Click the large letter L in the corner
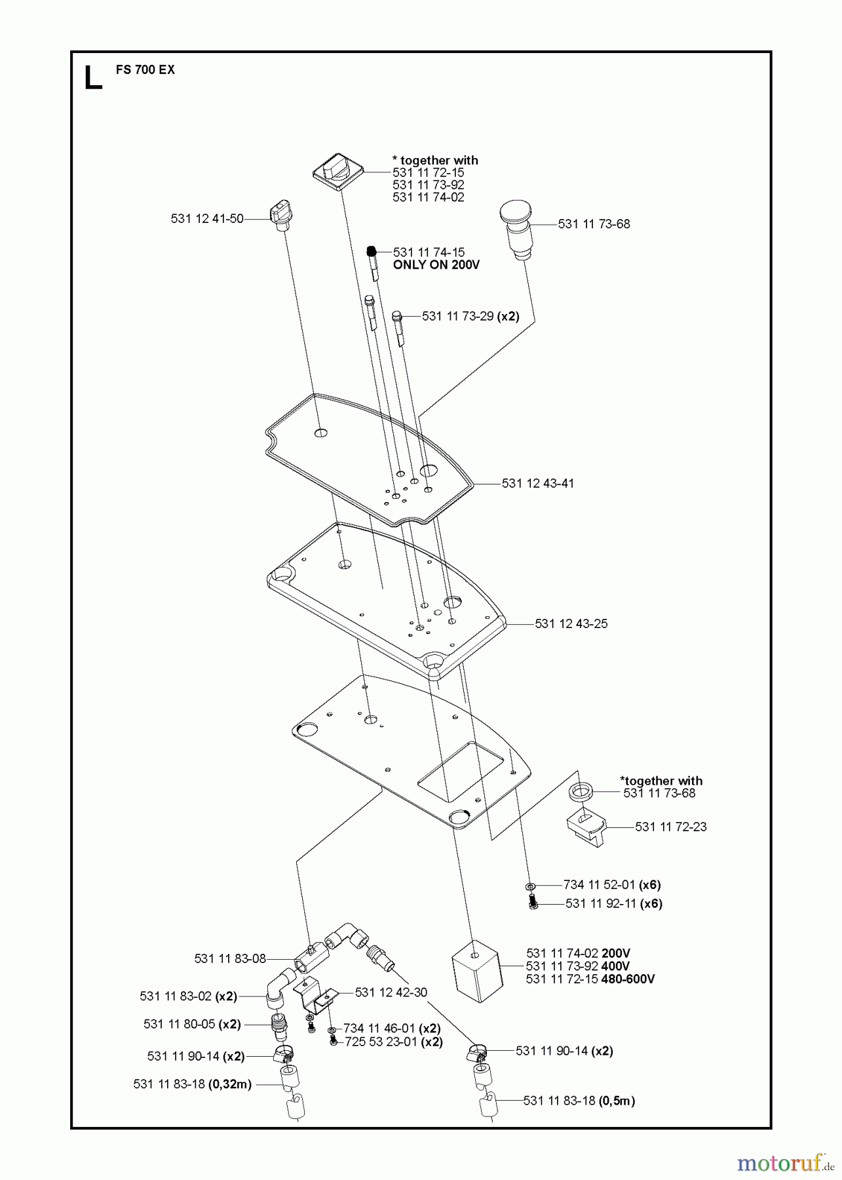click(x=93, y=77)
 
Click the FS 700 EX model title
click(x=145, y=69)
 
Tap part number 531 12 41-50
click(x=207, y=219)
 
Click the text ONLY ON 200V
click(x=436, y=265)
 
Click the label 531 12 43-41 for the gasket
click(x=537, y=483)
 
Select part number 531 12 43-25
click(x=571, y=623)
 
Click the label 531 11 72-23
click(x=670, y=827)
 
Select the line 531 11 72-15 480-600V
click(x=590, y=979)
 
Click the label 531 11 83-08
click(x=230, y=958)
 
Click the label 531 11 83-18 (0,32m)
click(x=192, y=1084)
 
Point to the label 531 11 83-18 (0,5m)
click(x=579, y=1100)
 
